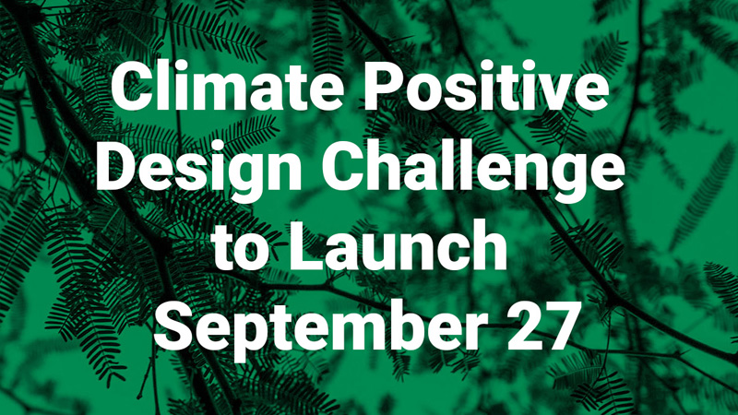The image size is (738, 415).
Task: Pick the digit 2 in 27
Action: (x=522, y=328)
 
